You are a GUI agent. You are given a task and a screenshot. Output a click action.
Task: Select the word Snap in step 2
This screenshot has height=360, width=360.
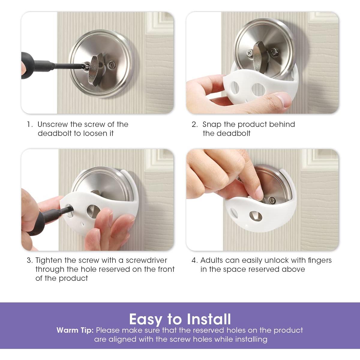(x=212, y=124)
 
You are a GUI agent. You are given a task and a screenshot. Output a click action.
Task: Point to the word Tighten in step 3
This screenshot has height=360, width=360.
(x=49, y=261)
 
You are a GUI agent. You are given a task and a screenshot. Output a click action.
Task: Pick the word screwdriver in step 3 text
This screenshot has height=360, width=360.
(x=146, y=260)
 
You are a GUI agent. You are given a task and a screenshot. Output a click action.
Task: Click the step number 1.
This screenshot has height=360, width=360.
(x=29, y=124)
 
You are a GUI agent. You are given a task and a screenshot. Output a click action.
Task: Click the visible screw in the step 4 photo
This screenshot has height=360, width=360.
(x=271, y=200)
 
